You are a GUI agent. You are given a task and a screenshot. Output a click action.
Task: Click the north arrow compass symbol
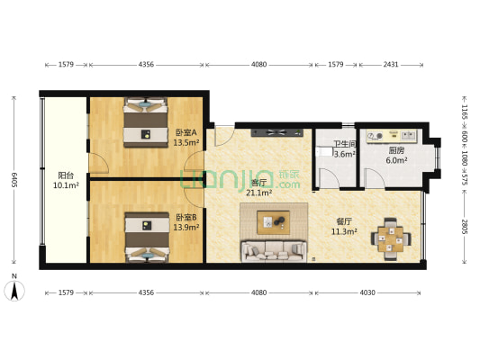point(14,291)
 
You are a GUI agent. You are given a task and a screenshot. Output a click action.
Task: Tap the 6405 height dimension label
point(14,180)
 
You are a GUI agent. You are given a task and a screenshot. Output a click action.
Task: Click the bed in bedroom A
point(146,122)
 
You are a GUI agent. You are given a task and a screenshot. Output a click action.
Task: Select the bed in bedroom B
point(147,238)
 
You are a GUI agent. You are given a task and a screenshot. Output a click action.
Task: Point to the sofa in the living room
point(274,251)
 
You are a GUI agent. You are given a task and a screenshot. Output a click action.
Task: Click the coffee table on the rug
point(274,222)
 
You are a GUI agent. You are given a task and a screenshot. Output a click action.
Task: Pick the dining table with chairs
point(391,238)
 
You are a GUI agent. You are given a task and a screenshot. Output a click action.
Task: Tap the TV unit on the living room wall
point(277,132)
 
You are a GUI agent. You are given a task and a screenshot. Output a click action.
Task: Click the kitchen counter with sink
point(392,136)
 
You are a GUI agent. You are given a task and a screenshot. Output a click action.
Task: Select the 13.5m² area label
point(186,142)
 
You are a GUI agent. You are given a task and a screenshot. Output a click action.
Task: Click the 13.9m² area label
point(186,228)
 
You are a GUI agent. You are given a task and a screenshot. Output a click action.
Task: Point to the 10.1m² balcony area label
point(66,185)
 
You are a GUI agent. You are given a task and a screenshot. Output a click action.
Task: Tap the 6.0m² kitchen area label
point(396,160)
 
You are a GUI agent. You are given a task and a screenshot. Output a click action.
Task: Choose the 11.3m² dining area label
point(344,231)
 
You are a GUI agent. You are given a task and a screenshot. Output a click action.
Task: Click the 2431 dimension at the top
point(391,65)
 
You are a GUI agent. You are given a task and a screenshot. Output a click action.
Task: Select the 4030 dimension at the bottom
point(367,292)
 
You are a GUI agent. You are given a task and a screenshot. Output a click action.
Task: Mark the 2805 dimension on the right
point(465,227)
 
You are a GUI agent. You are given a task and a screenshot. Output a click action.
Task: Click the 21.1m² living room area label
point(259,193)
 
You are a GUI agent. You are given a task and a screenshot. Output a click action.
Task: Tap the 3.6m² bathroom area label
point(345,154)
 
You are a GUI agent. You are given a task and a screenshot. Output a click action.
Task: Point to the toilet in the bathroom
point(324,151)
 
